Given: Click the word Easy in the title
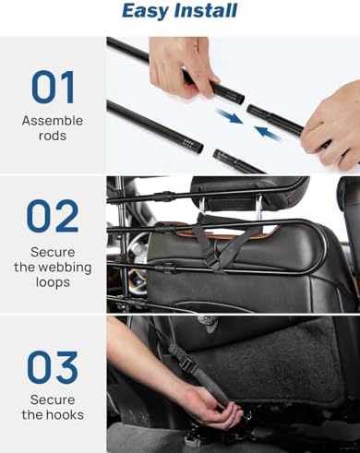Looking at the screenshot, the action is click(x=145, y=12).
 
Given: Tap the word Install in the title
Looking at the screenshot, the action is click(x=206, y=10).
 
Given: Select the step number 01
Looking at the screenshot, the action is click(x=53, y=88).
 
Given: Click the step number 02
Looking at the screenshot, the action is click(x=53, y=216).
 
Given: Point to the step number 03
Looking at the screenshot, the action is click(x=53, y=367).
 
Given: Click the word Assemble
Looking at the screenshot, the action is click(x=53, y=121).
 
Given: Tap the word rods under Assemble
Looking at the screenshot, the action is click(x=53, y=136).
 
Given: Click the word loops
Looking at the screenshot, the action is click(x=53, y=282).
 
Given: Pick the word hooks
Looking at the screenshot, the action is click(x=65, y=414).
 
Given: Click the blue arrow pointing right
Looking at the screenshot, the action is click(x=230, y=116).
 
